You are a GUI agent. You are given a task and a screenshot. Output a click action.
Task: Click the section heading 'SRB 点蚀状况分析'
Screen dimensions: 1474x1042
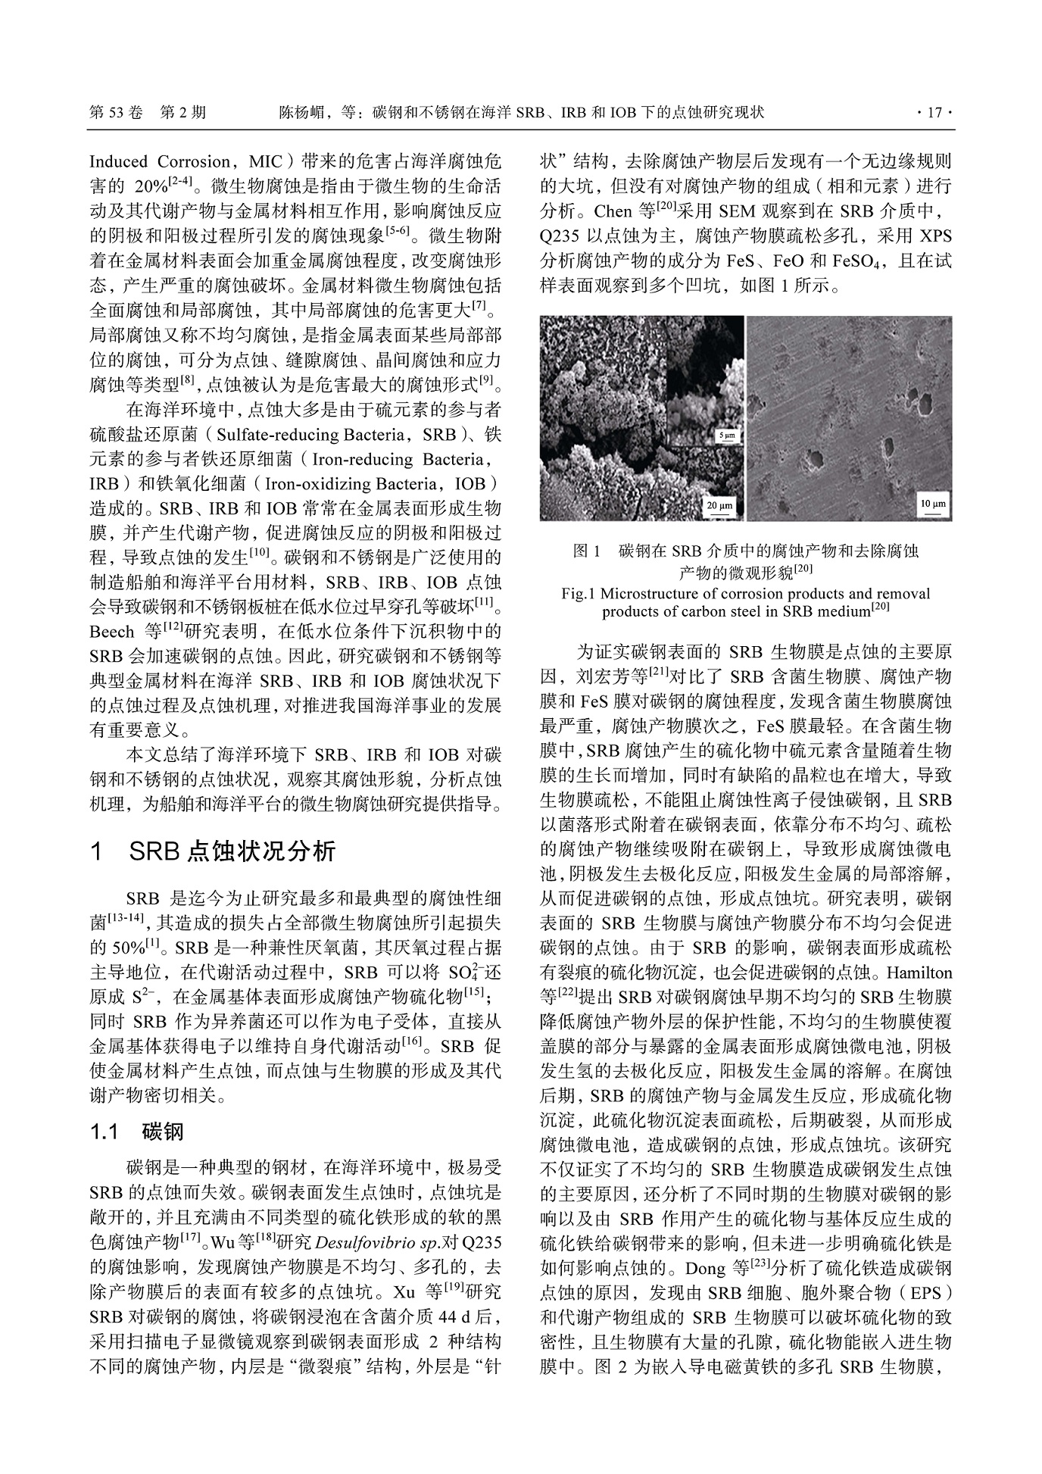click(232, 852)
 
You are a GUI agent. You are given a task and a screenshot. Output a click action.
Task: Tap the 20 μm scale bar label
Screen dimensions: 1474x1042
click(719, 504)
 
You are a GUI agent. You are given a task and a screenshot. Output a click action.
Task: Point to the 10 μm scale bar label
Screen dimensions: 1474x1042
click(932, 504)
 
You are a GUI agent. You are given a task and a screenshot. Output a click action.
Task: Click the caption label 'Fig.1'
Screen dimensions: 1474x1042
click(579, 594)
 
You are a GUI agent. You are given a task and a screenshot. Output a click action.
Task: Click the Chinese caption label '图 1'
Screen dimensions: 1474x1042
click(587, 551)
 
